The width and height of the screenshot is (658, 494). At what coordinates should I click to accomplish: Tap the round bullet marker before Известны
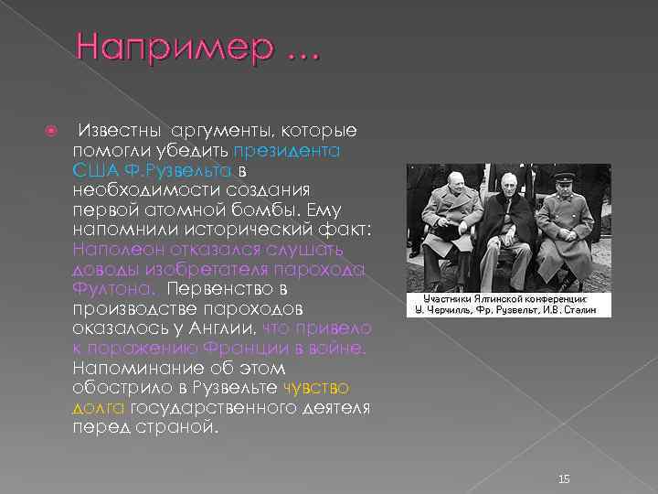tap(53, 133)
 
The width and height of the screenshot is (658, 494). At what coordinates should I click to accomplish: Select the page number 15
tap(564, 454)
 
